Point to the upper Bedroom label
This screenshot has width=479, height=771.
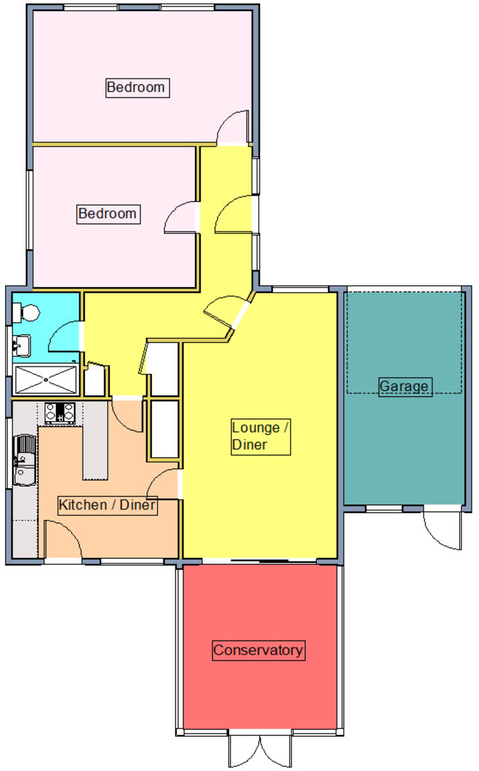click(137, 88)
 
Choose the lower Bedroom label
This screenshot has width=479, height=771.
click(108, 214)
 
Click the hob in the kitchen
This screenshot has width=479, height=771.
click(60, 413)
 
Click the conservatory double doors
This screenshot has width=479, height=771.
click(260, 750)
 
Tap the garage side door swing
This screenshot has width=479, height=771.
click(442, 531)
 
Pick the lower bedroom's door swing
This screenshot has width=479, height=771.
click(181, 218)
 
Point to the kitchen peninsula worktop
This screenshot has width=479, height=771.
click(95, 441)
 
